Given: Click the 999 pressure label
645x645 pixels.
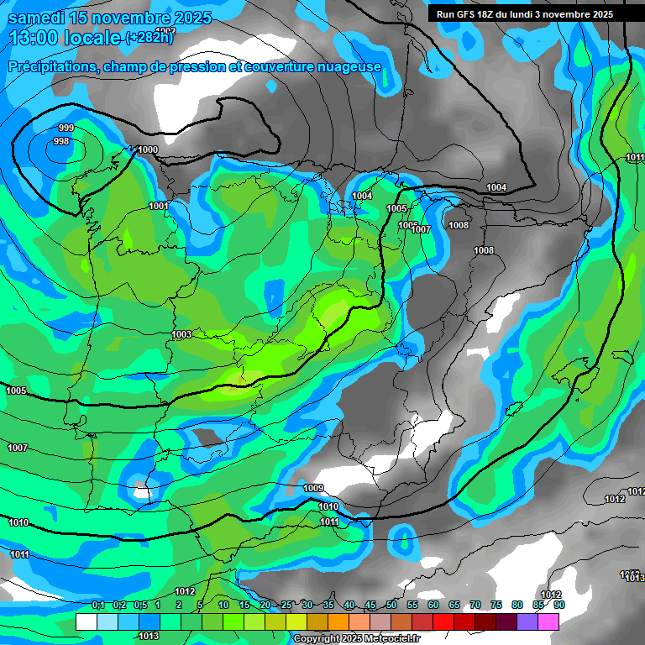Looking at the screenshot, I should point(66,128).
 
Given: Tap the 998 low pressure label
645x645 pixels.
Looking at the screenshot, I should point(61,141).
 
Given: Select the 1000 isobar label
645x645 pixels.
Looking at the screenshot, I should point(148,149).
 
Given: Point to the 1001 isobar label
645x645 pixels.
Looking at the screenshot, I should point(159,206).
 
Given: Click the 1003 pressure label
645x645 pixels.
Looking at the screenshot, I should point(181,334).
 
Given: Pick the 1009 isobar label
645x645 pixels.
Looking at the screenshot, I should point(313,488).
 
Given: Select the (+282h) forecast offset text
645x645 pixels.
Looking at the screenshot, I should point(149,38).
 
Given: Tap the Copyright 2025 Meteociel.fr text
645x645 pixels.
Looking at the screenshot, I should point(357,638).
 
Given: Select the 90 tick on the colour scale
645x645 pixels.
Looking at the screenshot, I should point(558,605).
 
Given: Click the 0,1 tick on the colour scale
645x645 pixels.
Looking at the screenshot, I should point(98,605).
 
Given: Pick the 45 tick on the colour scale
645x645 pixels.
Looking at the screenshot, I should point(370,605).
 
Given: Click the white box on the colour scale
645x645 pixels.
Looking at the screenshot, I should point(86,621).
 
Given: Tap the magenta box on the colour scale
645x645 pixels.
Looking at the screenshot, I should point(548,621).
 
